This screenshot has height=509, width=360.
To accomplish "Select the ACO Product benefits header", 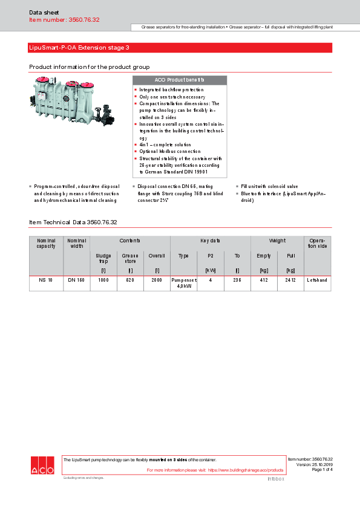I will pyautogui.click(x=179, y=80).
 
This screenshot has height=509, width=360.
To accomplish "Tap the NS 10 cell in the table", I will pyautogui.click(x=46, y=280).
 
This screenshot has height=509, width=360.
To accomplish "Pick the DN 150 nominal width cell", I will pyautogui.click(x=76, y=280).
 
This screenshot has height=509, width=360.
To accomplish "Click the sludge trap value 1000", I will pyautogui.click(x=103, y=280).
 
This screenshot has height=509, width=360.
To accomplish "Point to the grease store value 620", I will pyautogui.click(x=131, y=280).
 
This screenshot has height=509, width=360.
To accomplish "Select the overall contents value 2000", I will pyautogui.click(x=157, y=280).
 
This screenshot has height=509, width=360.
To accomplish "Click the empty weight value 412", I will pyautogui.click(x=264, y=280).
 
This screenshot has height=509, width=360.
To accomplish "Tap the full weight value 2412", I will pyautogui.click(x=290, y=280).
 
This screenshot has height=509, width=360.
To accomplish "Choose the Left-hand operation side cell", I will pyautogui.click(x=317, y=280).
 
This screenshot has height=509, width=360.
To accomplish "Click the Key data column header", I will pyautogui.click(x=210, y=241).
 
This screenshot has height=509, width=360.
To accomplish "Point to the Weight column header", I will pyautogui.click(x=277, y=241).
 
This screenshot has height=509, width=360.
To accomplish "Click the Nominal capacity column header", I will pyautogui.click(x=46, y=243).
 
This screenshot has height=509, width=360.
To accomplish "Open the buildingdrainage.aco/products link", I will pyautogui.click(x=245, y=470).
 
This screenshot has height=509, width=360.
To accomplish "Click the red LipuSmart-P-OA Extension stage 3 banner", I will pyautogui.click(x=180, y=48).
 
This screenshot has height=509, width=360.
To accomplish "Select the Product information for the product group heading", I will pyautogui.click(x=89, y=66).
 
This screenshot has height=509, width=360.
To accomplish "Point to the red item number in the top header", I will pyautogui.click(x=64, y=20).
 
